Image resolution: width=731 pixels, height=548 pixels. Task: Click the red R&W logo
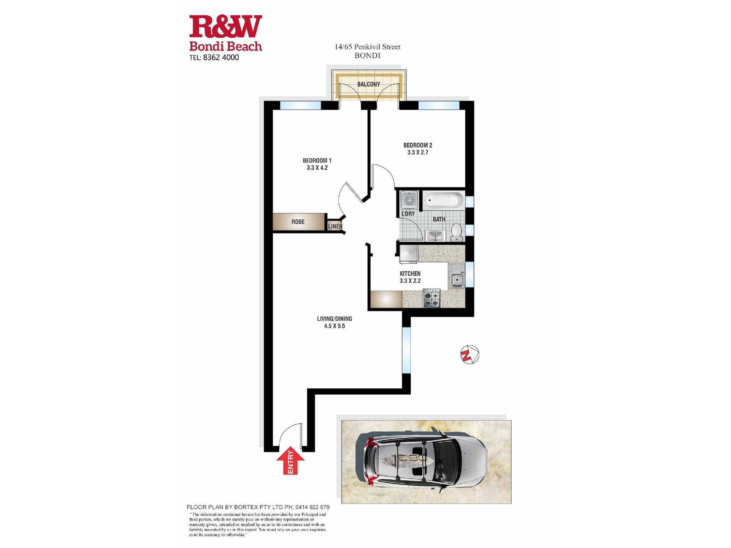click(x=226, y=26)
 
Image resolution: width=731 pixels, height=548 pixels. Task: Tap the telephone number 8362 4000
click(x=221, y=57)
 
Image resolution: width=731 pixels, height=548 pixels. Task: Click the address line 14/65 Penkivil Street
click(x=367, y=47)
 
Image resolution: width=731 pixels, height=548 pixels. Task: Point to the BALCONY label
click(x=369, y=84)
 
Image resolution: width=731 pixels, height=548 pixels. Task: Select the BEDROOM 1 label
click(x=317, y=160)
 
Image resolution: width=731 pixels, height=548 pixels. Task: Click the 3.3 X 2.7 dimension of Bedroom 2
click(x=418, y=152)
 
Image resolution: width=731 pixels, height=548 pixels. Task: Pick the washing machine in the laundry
click(x=409, y=199)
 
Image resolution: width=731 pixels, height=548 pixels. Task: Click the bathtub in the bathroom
click(x=444, y=201)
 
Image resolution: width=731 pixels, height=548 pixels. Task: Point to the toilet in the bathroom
click(x=457, y=232)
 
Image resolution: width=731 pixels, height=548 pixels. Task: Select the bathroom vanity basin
click(x=435, y=236)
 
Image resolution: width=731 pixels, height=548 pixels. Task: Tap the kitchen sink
click(x=457, y=276)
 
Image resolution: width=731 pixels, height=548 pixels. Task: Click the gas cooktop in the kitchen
click(x=432, y=298)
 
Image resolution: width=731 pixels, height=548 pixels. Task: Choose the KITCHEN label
click(x=410, y=274)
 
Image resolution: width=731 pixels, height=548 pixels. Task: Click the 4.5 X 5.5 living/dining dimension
click(x=334, y=326)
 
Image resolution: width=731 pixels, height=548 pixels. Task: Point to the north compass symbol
click(x=470, y=354)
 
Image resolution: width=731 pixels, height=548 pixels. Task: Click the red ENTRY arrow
click(x=290, y=460)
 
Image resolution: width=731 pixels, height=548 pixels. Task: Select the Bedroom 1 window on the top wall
click(x=300, y=105)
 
